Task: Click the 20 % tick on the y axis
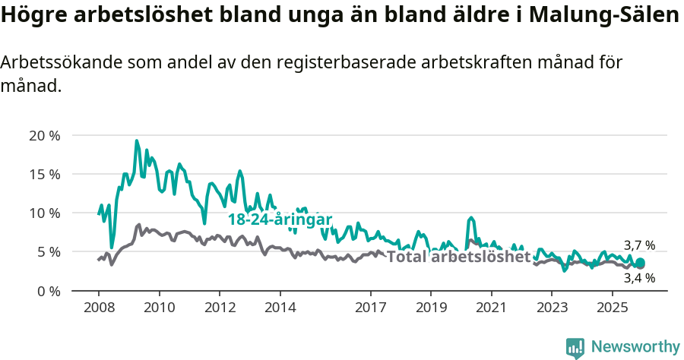(44, 136)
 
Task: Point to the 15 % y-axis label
(44, 175)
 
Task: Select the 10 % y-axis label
(44, 213)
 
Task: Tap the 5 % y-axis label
(48, 252)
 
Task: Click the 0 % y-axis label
(48, 291)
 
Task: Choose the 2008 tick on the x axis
(99, 308)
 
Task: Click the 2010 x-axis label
(159, 308)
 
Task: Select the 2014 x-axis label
(280, 308)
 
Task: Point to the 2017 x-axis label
(370, 308)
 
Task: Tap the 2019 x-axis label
(431, 308)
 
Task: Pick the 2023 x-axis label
(552, 308)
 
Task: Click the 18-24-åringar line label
(280, 220)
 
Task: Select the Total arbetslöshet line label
(458, 257)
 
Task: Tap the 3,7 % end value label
(639, 245)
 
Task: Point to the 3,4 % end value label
(639, 278)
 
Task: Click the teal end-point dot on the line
(640, 263)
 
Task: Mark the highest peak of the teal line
(137, 141)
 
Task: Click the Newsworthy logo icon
(575, 348)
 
